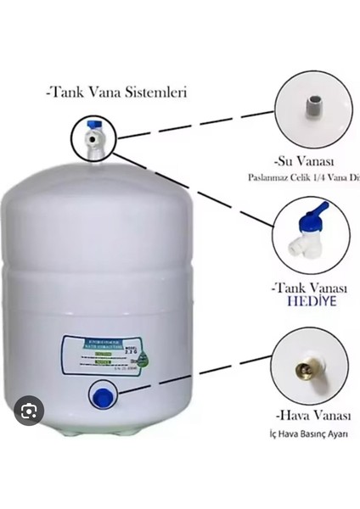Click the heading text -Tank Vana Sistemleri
[x=117, y=91]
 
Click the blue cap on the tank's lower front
[x=103, y=393]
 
